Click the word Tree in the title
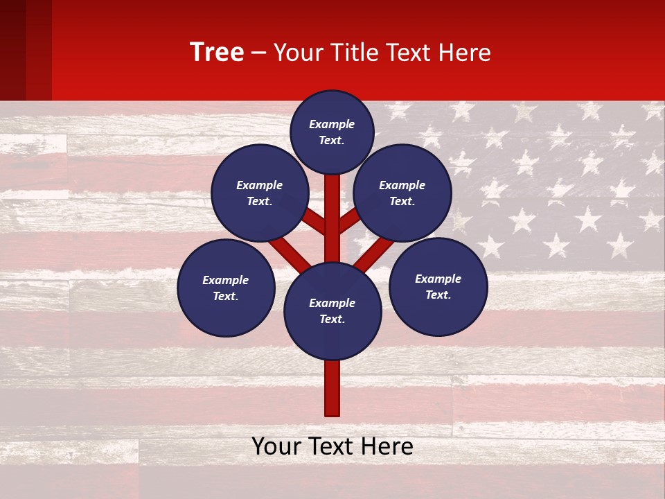point(217,53)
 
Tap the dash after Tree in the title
point(258,53)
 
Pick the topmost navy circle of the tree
point(332,132)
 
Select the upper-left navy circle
point(260,193)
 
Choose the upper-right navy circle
point(402,193)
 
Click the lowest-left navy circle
point(226,288)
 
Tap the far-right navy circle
point(438,286)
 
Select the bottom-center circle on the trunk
point(332,311)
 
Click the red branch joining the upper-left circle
point(313,221)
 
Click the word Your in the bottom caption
point(275,446)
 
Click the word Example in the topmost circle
point(332,124)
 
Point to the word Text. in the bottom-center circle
point(332,319)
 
